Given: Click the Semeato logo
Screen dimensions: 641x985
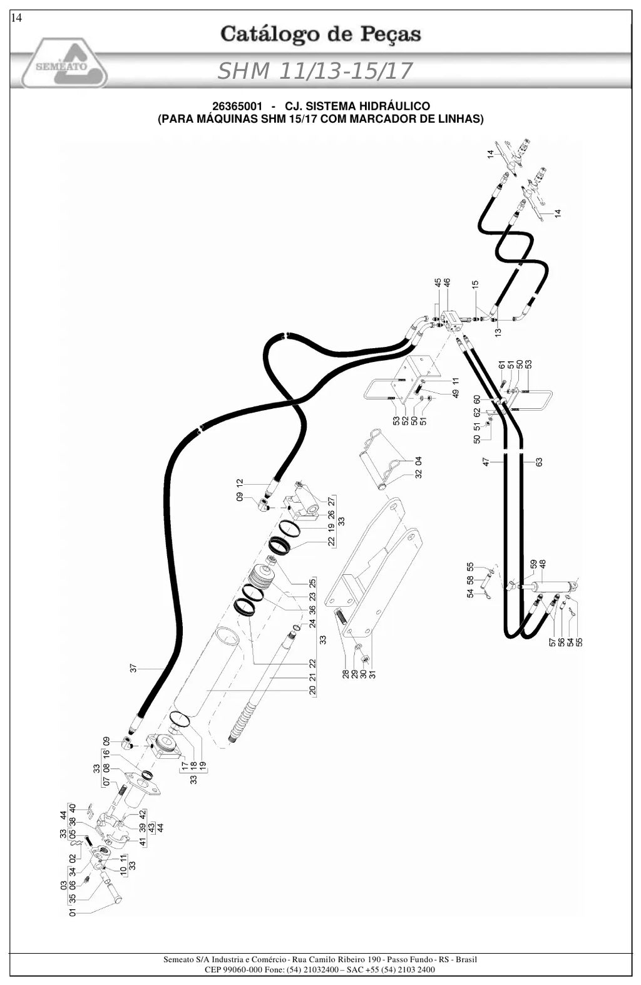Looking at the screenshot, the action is [x=64, y=63].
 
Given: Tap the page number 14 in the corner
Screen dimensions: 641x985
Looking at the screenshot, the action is [x=16, y=18].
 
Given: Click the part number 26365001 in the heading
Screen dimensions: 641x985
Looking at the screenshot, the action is [x=237, y=106].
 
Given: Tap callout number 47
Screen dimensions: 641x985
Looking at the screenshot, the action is [x=486, y=462].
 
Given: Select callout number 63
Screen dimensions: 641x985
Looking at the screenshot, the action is [x=539, y=462].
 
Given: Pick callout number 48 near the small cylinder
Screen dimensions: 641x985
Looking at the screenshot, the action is [x=543, y=564].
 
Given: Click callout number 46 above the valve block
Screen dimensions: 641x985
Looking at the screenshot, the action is [x=447, y=283].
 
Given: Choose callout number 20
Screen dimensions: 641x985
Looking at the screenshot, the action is [x=312, y=690].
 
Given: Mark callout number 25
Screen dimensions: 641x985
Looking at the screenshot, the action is [x=312, y=584].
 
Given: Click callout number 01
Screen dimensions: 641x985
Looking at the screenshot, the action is [x=73, y=912].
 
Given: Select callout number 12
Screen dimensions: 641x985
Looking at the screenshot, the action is [x=240, y=483].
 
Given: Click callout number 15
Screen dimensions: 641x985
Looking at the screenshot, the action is [x=475, y=286].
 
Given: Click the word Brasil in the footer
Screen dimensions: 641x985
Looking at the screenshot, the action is [x=466, y=959].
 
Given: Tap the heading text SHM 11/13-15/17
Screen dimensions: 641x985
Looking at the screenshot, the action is [x=315, y=71].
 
